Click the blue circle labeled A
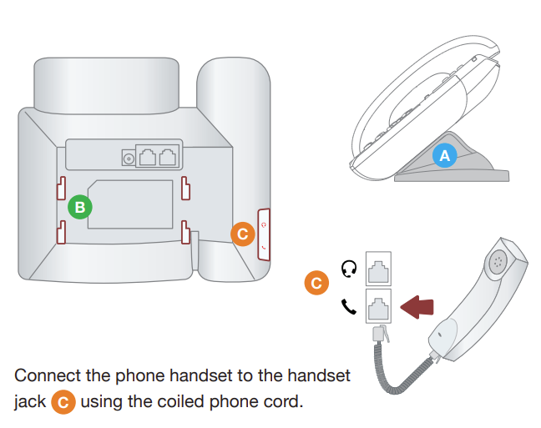pos(444,154)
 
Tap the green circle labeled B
pos(80,206)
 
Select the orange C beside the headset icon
pos(316,284)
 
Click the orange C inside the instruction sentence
pos(63,402)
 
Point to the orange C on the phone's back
pos(242,234)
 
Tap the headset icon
pos(350,268)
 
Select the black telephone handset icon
pos(349,306)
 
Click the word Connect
pos(48,375)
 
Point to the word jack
pos(29,403)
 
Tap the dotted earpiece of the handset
pos(499,259)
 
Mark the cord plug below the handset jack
pos(379,334)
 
